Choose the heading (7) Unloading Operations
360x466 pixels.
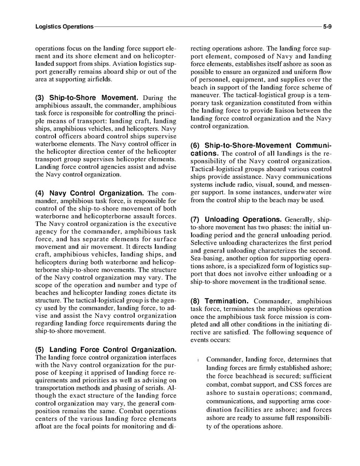(x=236, y=219)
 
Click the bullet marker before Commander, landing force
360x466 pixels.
(x=198, y=360)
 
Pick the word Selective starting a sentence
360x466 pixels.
(x=207, y=243)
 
